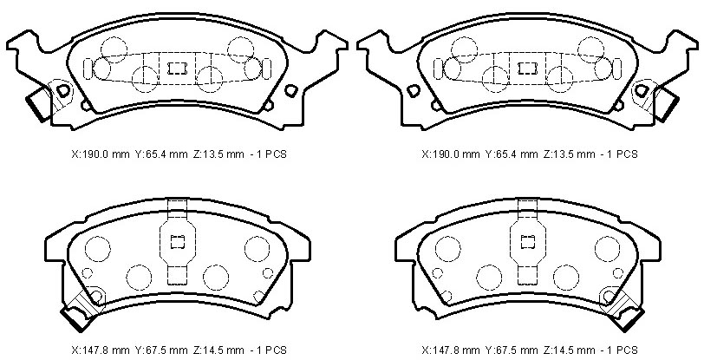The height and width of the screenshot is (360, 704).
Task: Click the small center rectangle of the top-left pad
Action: click(177, 69)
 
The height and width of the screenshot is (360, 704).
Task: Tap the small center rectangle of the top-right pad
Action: click(527, 69)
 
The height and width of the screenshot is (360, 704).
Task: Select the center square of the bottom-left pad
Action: click(178, 242)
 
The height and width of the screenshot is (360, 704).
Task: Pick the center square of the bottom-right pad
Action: click(528, 242)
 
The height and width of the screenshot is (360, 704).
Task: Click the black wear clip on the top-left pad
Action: click(39, 104)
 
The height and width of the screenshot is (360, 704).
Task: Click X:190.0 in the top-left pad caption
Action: click(86, 154)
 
